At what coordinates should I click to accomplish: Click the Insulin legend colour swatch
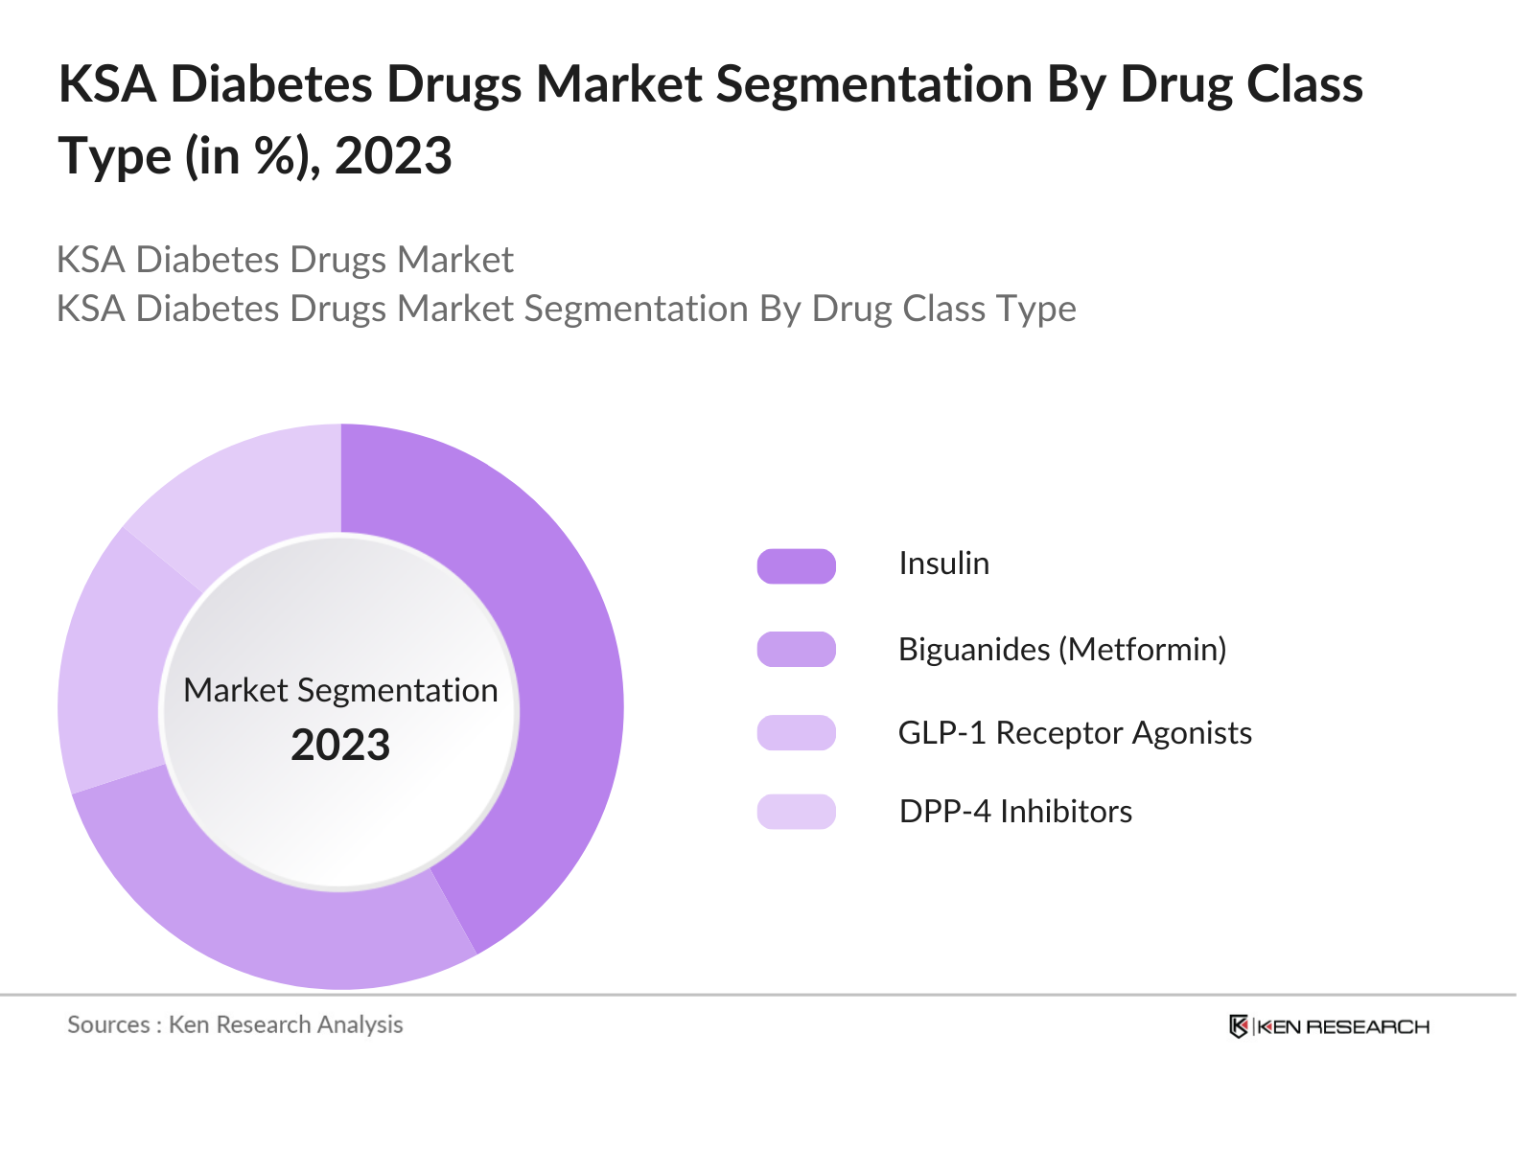pyautogui.click(x=796, y=565)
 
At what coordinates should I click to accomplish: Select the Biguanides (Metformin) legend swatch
pyautogui.click(x=796, y=650)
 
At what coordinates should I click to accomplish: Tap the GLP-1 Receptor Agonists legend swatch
pyautogui.click(x=796, y=733)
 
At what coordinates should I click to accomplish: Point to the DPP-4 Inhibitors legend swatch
pyautogui.click(x=796, y=812)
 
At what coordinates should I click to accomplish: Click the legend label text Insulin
pyautogui.click(x=943, y=563)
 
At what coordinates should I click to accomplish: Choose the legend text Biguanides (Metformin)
pyautogui.click(x=1061, y=650)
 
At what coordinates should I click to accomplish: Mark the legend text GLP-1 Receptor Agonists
pyautogui.click(x=1074, y=733)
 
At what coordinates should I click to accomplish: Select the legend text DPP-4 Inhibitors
pyautogui.click(x=1014, y=812)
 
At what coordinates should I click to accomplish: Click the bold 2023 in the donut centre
pyautogui.click(x=340, y=746)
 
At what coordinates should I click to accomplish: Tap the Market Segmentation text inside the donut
pyautogui.click(x=340, y=690)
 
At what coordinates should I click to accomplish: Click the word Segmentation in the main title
pyautogui.click(x=873, y=84)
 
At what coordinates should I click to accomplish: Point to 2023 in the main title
pyautogui.click(x=393, y=156)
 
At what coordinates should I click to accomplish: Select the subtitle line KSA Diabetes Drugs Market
pyautogui.click(x=285, y=260)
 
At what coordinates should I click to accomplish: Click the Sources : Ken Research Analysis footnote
pyautogui.click(x=235, y=1024)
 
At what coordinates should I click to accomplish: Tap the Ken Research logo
pyautogui.click(x=1329, y=1026)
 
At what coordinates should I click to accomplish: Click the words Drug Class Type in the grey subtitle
pyautogui.click(x=943, y=309)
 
